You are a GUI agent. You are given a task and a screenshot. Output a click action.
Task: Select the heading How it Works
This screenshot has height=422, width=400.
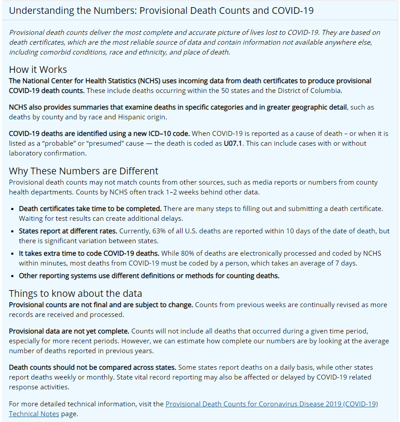38,70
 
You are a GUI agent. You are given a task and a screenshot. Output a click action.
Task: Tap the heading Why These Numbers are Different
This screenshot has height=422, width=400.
84,171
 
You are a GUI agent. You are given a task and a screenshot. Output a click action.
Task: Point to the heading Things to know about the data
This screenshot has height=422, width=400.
76,293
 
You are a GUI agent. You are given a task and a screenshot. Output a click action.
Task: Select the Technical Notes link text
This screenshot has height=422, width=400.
34,414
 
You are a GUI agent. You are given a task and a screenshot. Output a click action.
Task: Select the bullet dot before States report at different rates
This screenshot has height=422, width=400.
13,232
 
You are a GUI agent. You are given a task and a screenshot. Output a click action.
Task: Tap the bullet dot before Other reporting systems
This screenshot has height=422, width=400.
13,276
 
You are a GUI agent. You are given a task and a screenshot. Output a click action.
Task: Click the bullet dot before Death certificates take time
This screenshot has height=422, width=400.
13,209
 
